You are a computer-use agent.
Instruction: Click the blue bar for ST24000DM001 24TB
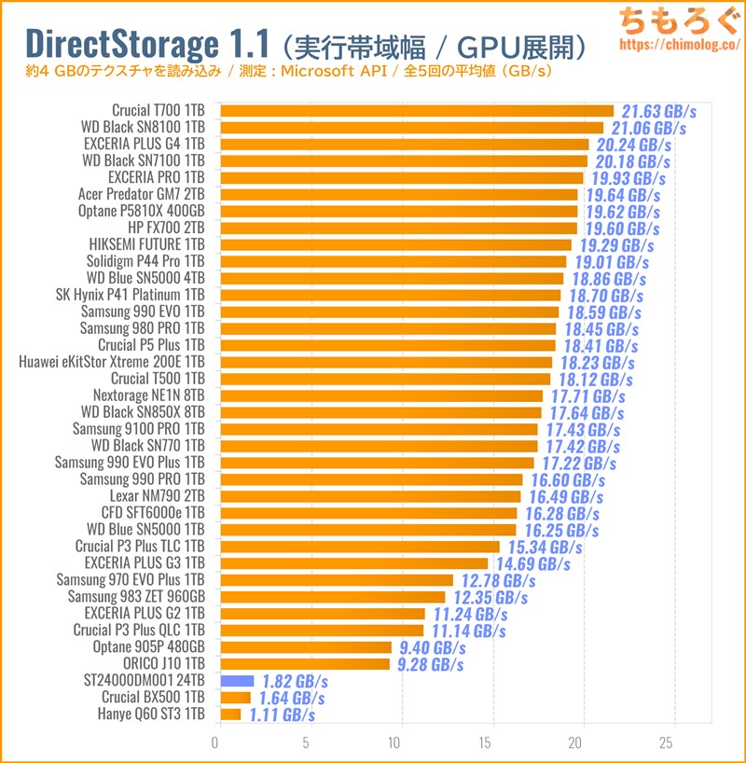click(x=237, y=681)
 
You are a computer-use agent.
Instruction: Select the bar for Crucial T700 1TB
click(x=417, y=110)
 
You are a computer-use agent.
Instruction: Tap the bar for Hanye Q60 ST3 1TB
click(x=230, y=714)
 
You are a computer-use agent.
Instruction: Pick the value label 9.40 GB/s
click(x=433, y=647)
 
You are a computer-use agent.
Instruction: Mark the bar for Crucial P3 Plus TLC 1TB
click(x=360, y=547)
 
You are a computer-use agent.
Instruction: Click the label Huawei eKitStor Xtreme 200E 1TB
click(x=111, y=362)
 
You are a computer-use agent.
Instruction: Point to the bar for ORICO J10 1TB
click(x=306, y=664)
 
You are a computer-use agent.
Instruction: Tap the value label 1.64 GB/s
click(x=291, y=698)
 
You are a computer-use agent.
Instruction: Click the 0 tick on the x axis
click(x=216, y=743)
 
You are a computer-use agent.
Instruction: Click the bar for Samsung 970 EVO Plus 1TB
click(x=337, y=580)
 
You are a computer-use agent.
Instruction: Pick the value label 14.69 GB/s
click(x=531, y=563)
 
